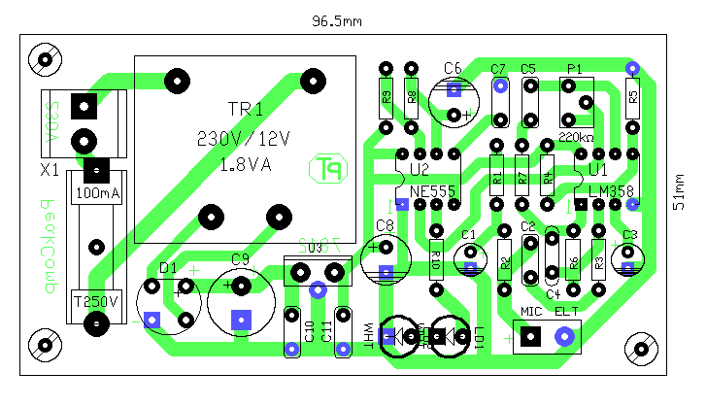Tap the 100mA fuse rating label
[97, 194]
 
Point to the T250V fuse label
[97, 300]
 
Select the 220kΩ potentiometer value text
[577, 137]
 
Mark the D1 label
[168, 267]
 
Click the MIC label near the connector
[530, 311]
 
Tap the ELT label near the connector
[566, 311]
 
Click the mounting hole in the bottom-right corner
[641, 347]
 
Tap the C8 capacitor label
[385, 226]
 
